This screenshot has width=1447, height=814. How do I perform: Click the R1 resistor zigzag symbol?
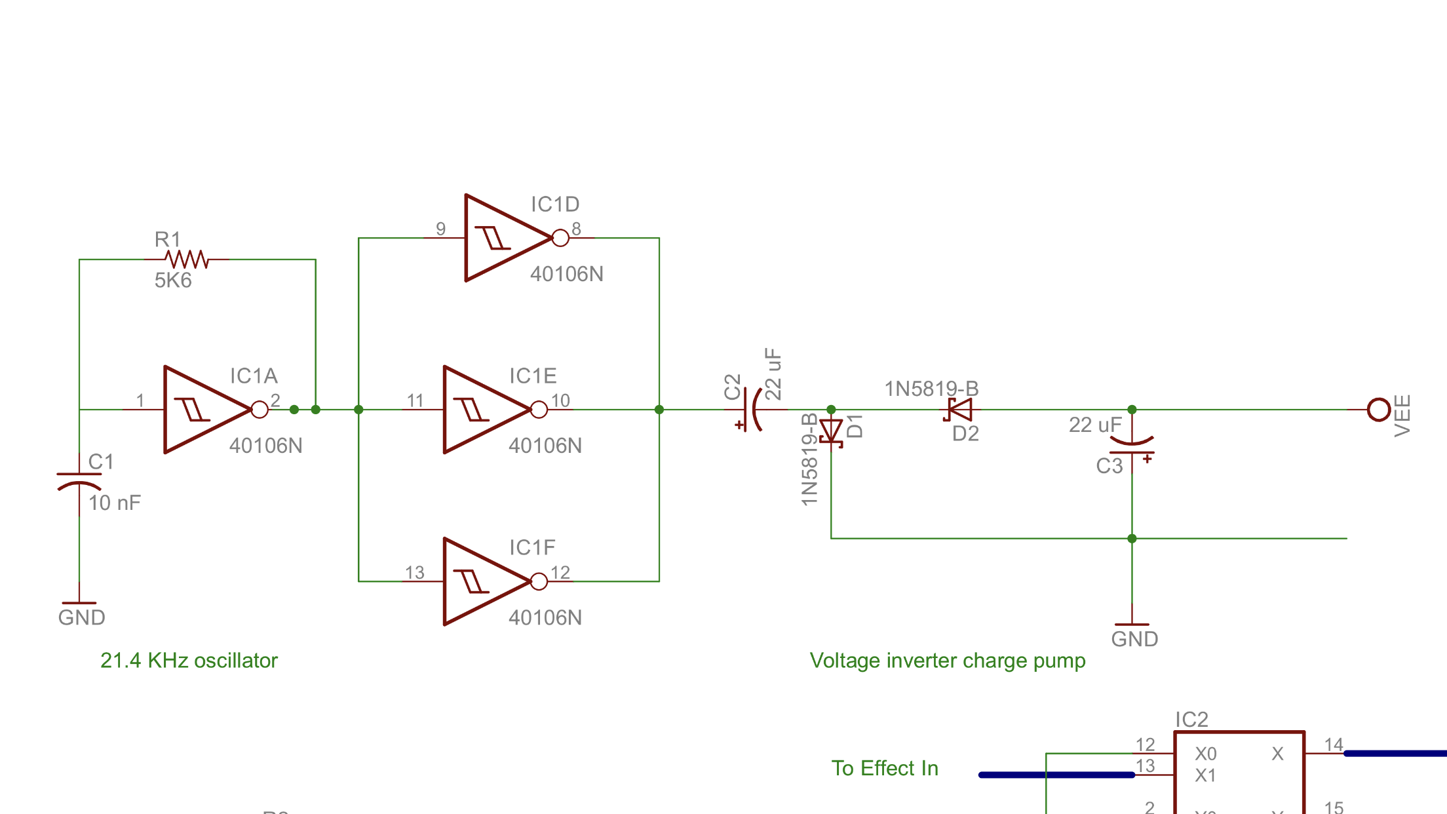(187, 260)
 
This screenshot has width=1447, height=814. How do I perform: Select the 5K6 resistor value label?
(173, 281)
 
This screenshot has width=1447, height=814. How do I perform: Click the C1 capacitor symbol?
(79, 480)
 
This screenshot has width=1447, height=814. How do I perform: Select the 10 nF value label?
(115, 503)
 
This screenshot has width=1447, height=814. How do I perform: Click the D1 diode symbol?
(831, 432)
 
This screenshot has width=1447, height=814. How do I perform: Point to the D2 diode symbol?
(959, 410)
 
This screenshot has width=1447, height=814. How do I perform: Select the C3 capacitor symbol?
(1132, 446)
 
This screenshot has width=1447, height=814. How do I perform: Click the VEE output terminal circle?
(1379, 410)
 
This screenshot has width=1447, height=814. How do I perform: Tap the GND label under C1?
(81, 617)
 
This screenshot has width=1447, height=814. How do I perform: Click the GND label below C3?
(1134, 639)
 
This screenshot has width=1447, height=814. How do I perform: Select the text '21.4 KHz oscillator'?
(189, 661)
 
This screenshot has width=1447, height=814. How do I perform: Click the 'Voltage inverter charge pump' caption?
(948, 661)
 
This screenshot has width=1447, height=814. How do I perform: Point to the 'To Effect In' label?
(885, 768)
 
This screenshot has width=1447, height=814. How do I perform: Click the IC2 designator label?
(1191, 720)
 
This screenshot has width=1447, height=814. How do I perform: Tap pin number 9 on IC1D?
(440, 229)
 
